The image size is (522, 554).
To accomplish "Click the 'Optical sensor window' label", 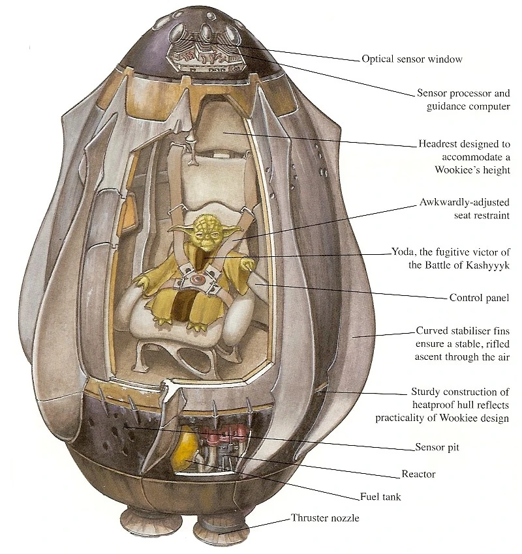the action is click(412, 59).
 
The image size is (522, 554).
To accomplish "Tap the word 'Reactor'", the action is click(418, 474).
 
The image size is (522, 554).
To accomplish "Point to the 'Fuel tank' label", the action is click(380, 497).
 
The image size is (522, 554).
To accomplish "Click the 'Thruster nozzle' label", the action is click(326, 519).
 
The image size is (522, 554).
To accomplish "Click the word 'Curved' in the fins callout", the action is click(432, 332).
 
